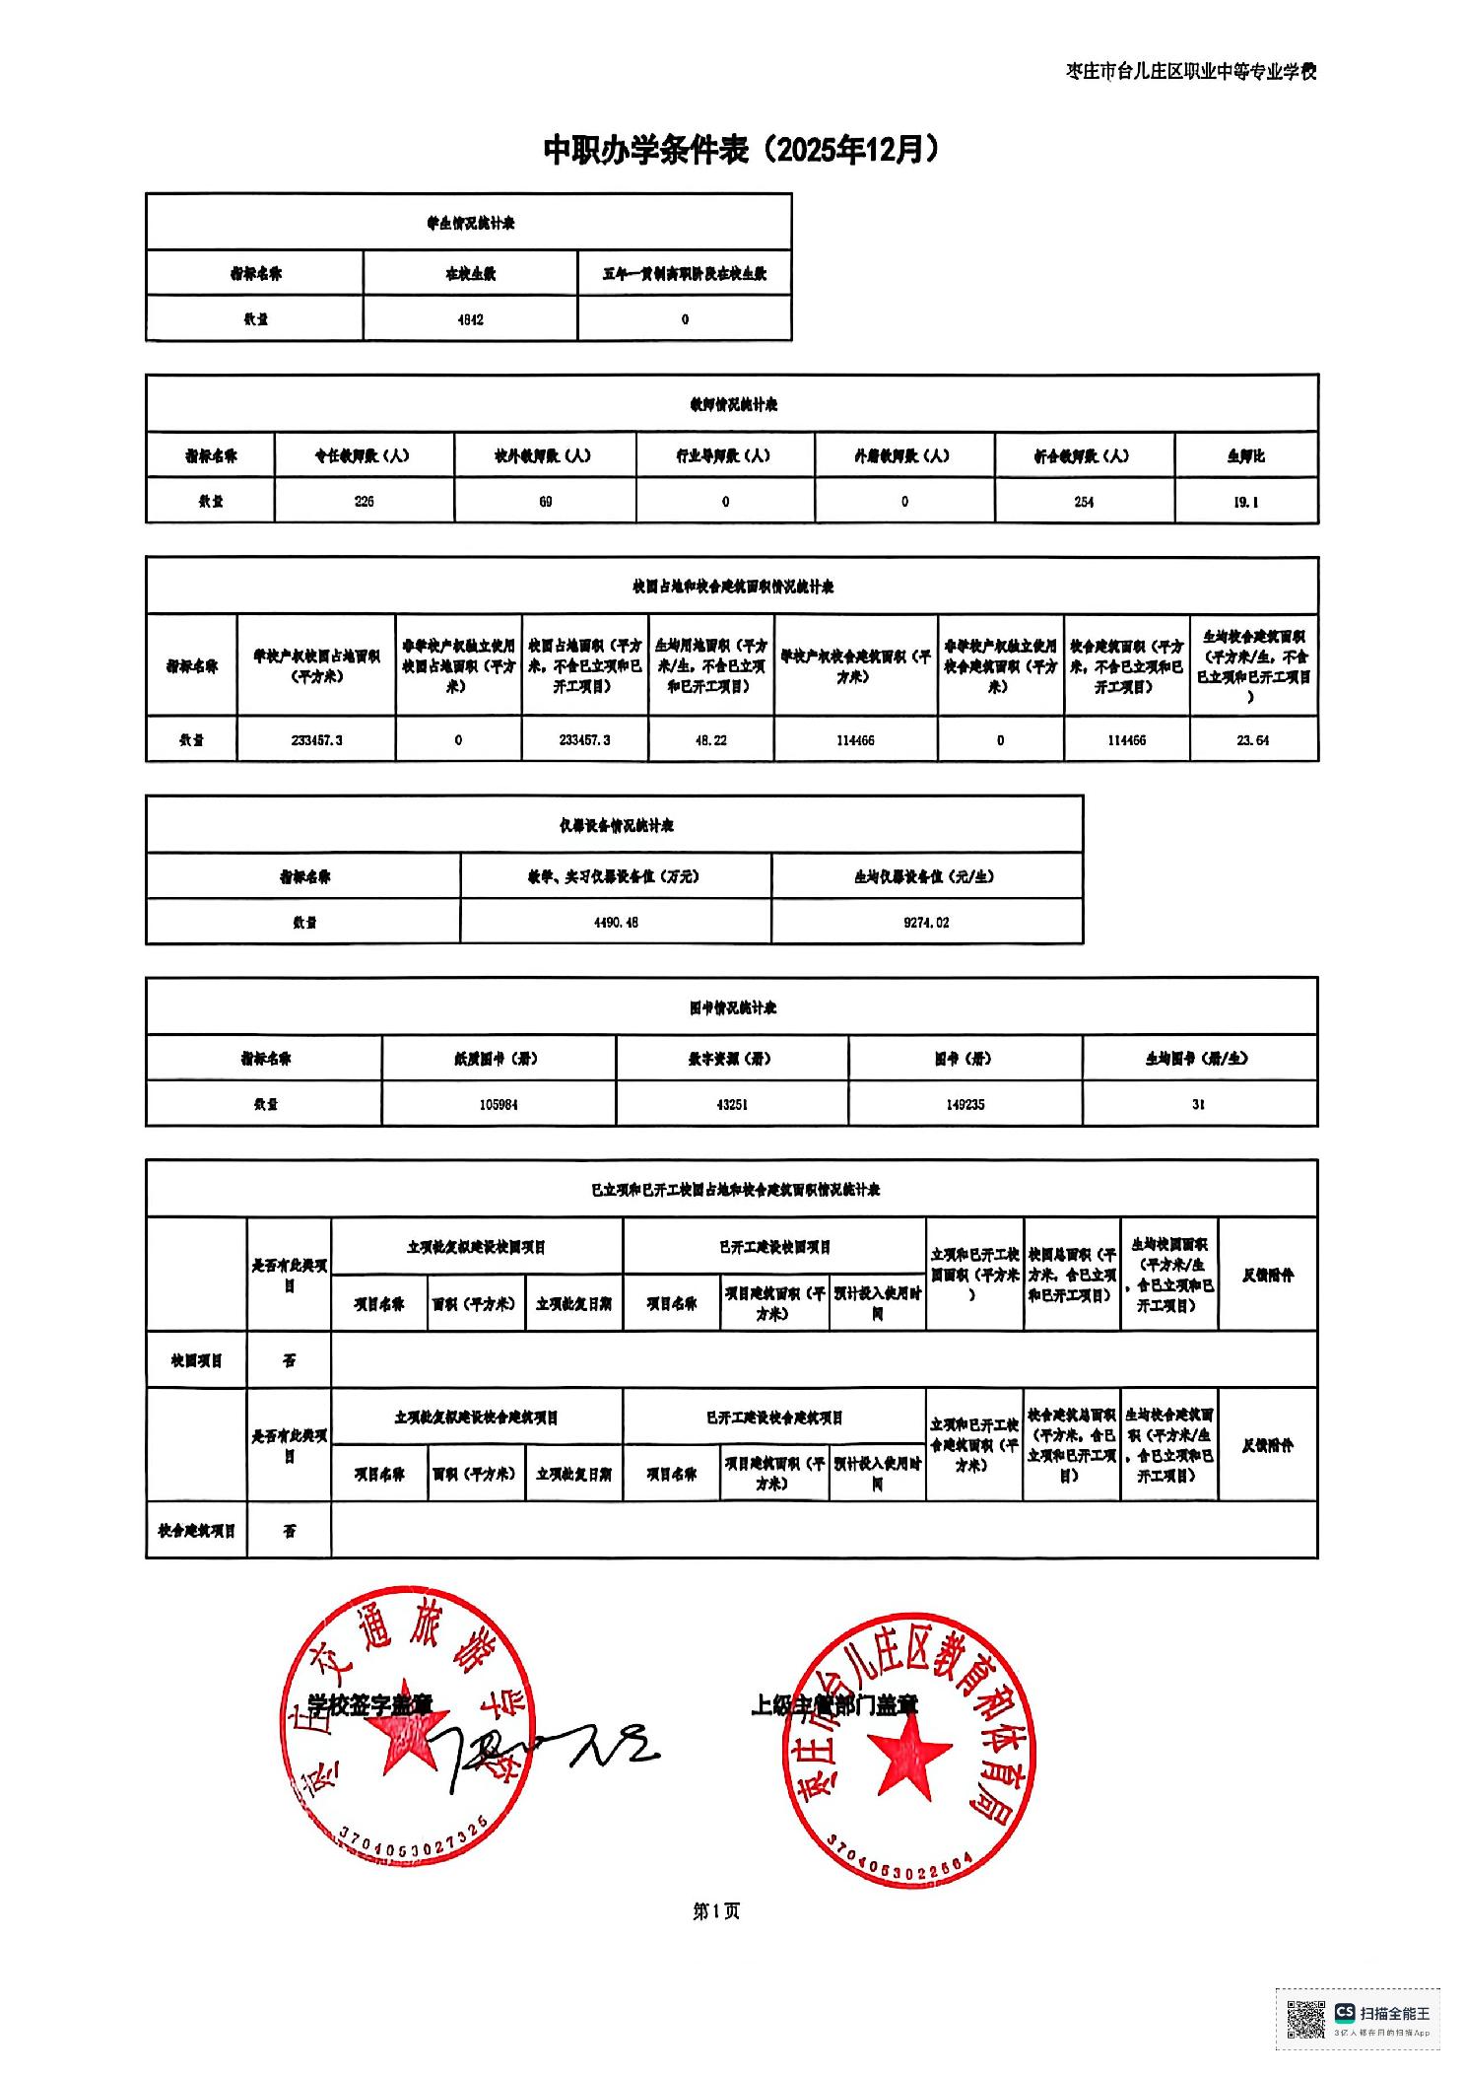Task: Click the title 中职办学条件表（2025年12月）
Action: (741, 150)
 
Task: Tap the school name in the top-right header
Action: (1191, 71)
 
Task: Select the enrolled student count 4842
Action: (470, 319)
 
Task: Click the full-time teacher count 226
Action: (364, 501)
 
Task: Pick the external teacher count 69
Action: (545, 501)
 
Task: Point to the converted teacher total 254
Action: (1084, 501)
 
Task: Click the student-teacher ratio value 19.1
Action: (1245, 501)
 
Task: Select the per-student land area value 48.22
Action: (710, 739)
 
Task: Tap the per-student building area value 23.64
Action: (1253, 739)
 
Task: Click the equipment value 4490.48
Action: (616, 922)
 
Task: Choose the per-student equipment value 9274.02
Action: (926, 922)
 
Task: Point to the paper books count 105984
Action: (499, 1104)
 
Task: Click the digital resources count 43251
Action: (732, 1104)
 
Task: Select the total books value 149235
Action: (965, 1104)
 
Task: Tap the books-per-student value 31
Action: (1198, 1104)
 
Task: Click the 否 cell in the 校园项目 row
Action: (289, 1360)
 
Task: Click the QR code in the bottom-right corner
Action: (1306, 2019)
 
